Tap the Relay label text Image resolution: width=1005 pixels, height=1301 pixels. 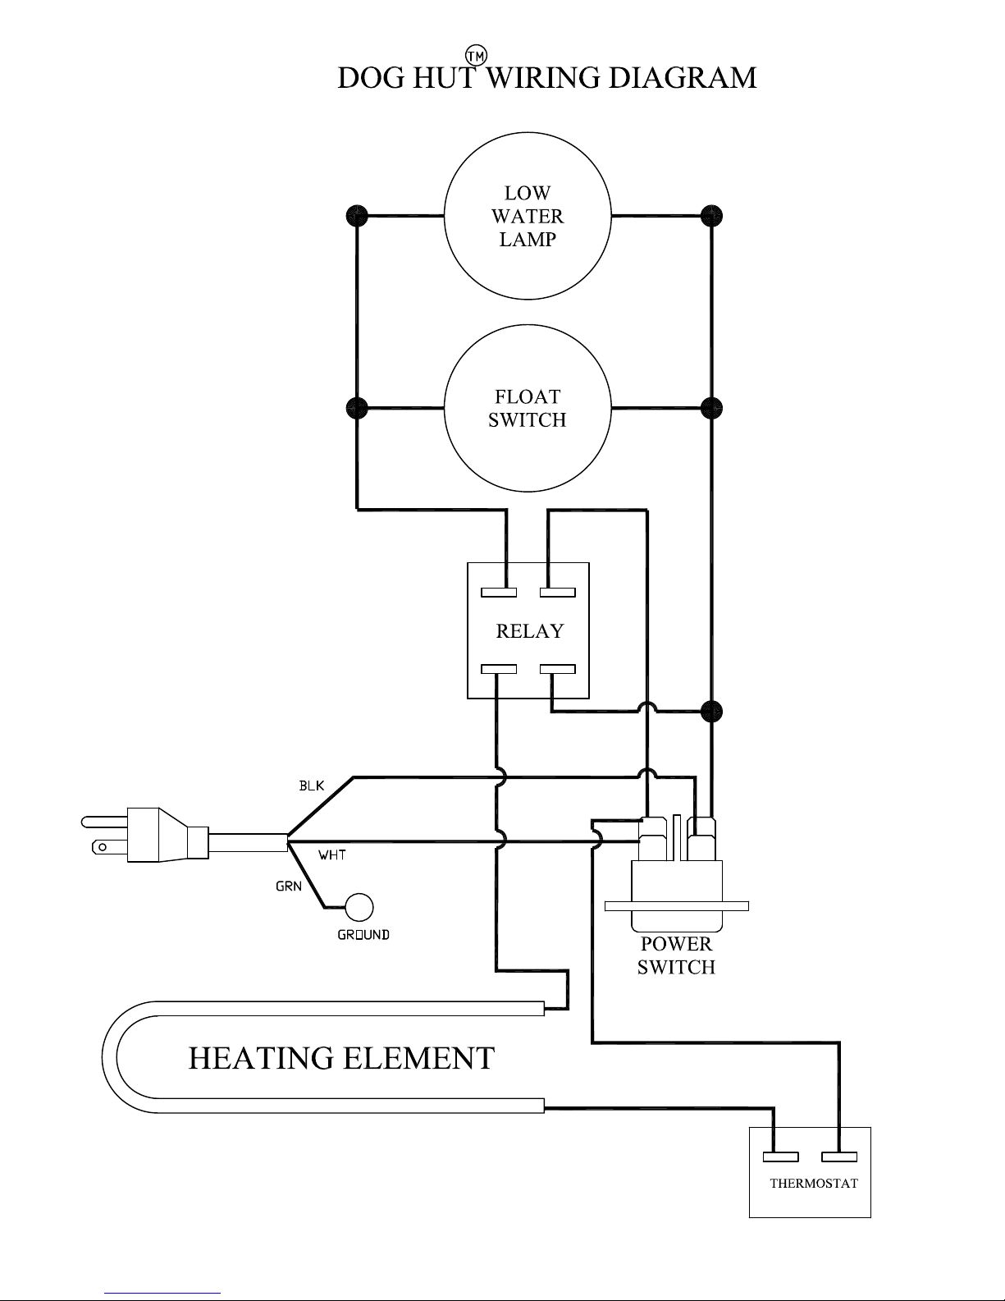pos(529,630)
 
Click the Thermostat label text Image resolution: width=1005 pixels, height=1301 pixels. pos(814,1183)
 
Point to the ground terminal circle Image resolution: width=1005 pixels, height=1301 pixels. pos(359,907)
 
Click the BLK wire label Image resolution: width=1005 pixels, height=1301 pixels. pos(312,786)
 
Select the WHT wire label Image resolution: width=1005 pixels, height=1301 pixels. pos(332,855)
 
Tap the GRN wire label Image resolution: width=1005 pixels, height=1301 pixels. pos(288,886)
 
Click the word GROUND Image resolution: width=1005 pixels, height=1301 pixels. pos(363,935)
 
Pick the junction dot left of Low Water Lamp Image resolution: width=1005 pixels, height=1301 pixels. pos(357,216)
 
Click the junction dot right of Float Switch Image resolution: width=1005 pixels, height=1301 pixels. pos(711,408)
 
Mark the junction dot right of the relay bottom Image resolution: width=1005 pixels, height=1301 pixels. pos(711,712)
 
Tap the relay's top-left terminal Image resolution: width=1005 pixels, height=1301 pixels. pos(499,593)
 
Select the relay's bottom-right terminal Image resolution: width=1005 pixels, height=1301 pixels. pos(558,669)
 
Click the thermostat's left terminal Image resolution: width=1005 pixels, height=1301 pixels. pos(781,1157)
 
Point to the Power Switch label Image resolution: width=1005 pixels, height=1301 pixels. pos(676,955)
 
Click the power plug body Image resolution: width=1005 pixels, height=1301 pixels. pos(144,835)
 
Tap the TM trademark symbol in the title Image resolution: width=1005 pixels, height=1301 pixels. pos(476,56)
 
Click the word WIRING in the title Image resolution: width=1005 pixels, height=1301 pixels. pos(542,78)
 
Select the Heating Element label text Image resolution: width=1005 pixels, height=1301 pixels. pos(341,1058)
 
